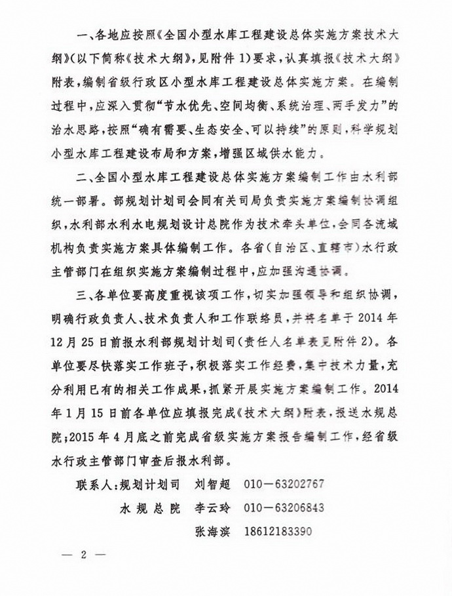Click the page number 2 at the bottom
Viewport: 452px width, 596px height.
click(x=83, y=556)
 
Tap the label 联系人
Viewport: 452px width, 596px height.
click(x=94, y=486)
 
